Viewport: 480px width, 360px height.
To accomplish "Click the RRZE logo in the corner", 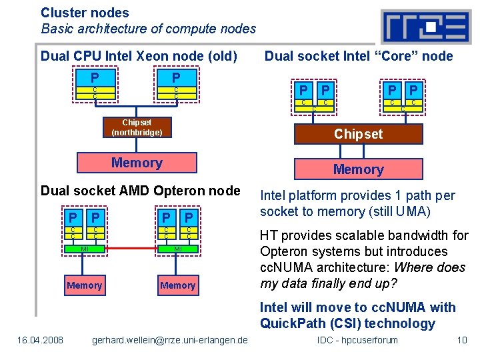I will pos(425,27).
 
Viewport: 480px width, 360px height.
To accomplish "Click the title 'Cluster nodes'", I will pos(85,12).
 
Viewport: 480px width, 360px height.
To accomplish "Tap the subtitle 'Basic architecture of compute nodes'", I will pos(148,29).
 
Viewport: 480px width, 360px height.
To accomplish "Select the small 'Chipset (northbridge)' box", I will pos(137,127).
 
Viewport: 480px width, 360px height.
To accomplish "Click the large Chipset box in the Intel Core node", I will pos(358,134).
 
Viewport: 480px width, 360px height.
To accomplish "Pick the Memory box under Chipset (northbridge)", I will pos(137,163).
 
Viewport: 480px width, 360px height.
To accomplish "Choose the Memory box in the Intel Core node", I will pos(358,169).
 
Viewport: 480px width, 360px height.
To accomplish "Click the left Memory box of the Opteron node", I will pos(85,285).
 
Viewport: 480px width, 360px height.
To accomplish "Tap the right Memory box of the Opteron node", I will pos(177,285).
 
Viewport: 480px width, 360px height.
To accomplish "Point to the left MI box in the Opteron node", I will pos(85,249).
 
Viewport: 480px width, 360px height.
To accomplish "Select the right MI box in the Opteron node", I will pos(177,249).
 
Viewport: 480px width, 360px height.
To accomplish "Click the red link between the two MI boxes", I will pos(131,249).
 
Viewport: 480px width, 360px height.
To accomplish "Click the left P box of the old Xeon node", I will pos(95,77).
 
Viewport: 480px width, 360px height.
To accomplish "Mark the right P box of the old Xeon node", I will pos(176,77).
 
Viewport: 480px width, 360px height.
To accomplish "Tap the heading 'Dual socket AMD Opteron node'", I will pos(140,191).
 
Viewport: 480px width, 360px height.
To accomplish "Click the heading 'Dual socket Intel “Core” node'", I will pos(359,56).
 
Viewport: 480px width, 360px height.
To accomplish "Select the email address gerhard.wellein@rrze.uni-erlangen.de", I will pos(169,341).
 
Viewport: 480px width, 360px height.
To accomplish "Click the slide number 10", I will pos(461,341).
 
